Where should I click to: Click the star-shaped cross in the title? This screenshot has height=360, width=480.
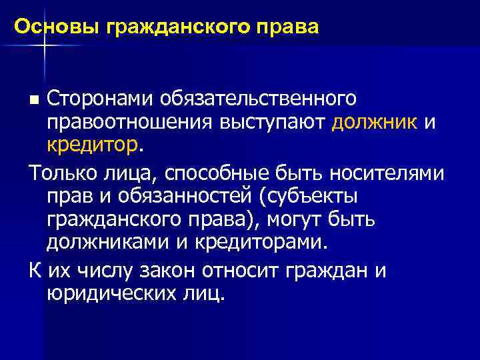[44, 44]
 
